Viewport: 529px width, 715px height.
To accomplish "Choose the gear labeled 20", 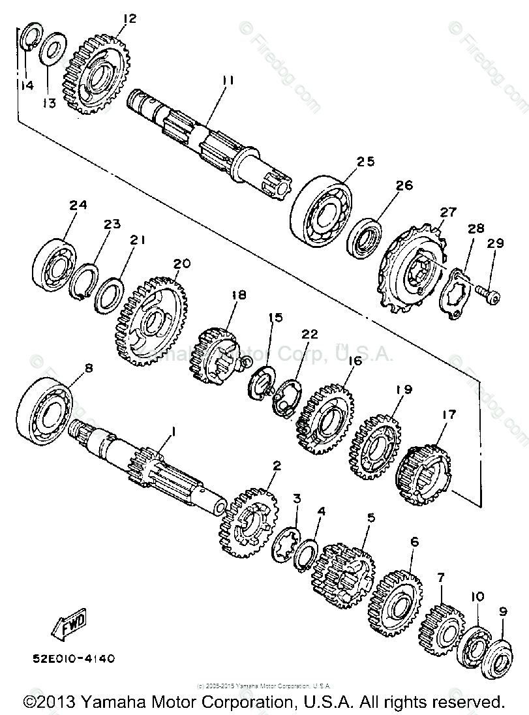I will pyautogui.click(x=149, y=321).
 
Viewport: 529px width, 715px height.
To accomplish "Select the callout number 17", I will pyautogui.click(x=449, y=414).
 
